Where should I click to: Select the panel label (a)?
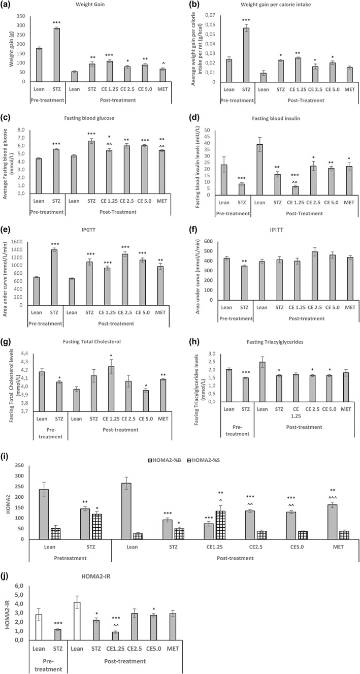[x=9, y=5]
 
